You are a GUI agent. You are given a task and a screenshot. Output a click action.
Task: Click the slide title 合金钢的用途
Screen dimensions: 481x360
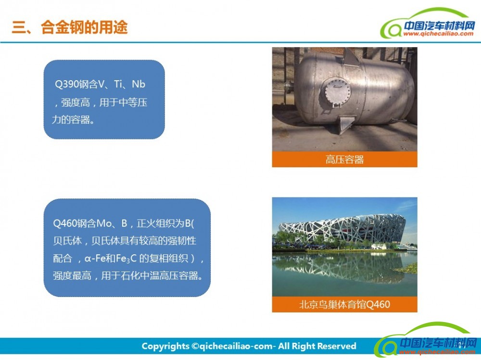[x=84, y=27]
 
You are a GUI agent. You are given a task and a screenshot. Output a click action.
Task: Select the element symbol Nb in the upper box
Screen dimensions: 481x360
[x=139, y=84]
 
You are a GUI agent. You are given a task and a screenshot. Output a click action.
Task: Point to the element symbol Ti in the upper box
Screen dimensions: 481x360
[x=118, y=84]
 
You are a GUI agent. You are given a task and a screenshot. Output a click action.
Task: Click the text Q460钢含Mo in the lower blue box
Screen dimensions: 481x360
[x=82, y=223]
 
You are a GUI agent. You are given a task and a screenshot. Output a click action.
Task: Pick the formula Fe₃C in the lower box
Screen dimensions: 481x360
[x=126, y=259]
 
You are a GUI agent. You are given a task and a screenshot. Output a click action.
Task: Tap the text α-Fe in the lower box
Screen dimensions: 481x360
[x=95, y=259]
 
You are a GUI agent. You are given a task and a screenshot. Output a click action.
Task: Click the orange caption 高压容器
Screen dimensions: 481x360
[x=344, y=160]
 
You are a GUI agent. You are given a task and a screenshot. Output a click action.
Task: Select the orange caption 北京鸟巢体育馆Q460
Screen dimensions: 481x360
[x=344, y=305]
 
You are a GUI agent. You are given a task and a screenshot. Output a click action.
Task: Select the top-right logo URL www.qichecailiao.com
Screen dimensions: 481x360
[x=438, y=34]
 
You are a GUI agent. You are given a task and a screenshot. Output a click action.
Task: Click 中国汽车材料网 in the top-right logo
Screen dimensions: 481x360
[x=439, y=25]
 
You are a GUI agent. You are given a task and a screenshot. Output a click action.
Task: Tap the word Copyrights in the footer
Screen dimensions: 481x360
[x=165, y=346]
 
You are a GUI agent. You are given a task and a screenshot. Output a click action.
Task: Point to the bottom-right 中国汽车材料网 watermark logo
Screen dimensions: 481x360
[x=426, y=340]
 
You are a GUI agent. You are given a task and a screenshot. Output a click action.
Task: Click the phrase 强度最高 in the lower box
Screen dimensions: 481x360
[x=72, y=276]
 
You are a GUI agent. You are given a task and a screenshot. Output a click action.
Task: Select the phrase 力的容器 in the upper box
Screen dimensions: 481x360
[x=71, y=120]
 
